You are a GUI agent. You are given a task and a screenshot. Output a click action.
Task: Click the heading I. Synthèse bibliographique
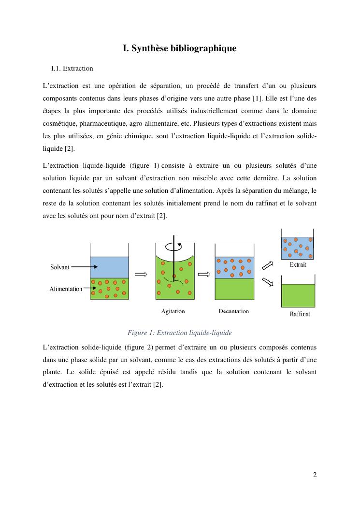tap(180, 48)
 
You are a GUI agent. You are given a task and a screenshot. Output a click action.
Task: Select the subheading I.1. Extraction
tap(72, 69)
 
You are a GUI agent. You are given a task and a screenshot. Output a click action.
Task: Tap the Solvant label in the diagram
tap(60, 267)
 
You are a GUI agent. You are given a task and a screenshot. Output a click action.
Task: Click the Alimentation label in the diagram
tap(66, 289)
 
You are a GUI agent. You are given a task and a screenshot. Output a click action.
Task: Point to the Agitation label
tap(173, 311)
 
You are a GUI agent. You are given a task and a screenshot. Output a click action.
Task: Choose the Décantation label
tap(234, 311)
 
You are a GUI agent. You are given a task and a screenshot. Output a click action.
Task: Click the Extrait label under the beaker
tap(298, 264)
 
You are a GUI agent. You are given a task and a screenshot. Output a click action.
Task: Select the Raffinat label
tap(300, 314)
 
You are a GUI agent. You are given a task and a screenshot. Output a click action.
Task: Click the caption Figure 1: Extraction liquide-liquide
tap(180, 333)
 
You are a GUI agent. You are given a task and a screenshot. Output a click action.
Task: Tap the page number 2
tap(315, 474)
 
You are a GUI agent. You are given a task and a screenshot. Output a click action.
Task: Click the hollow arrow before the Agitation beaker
tap(141, 274)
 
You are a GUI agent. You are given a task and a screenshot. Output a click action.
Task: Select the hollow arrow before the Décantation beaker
tap(204, 274)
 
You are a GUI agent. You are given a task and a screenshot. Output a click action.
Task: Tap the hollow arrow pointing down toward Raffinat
tap(267, 282)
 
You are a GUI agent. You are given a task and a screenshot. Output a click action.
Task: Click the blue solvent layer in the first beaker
tap(109, 267)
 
